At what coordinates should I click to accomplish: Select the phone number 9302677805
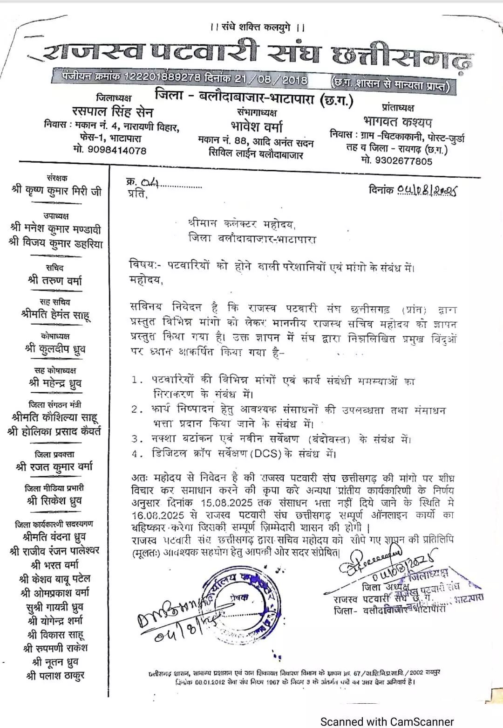(403, 161)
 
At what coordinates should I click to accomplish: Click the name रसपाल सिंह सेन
(113, 112)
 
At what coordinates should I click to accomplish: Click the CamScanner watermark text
(387, 721)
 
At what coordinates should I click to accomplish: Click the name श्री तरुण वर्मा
(55, 280)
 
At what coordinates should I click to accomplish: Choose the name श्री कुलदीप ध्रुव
(55, 348)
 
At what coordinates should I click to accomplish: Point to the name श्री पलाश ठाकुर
(55, 675)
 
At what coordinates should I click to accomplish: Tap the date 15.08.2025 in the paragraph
(227, 503)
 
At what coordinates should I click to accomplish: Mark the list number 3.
(136, 439)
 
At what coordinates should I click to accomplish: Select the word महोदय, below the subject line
(145, 280)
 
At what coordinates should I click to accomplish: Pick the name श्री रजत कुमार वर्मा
(54, 466)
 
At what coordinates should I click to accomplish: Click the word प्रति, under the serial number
(137, 194)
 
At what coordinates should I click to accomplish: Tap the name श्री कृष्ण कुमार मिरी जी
(56, 191)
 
